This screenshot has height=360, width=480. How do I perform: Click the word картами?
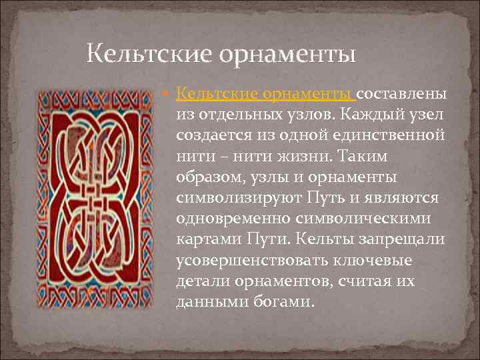[203, 240]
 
